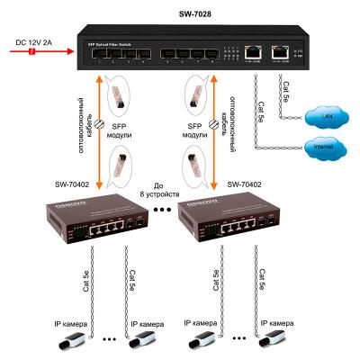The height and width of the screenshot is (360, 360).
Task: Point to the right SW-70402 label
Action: (x=248, y=185)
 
